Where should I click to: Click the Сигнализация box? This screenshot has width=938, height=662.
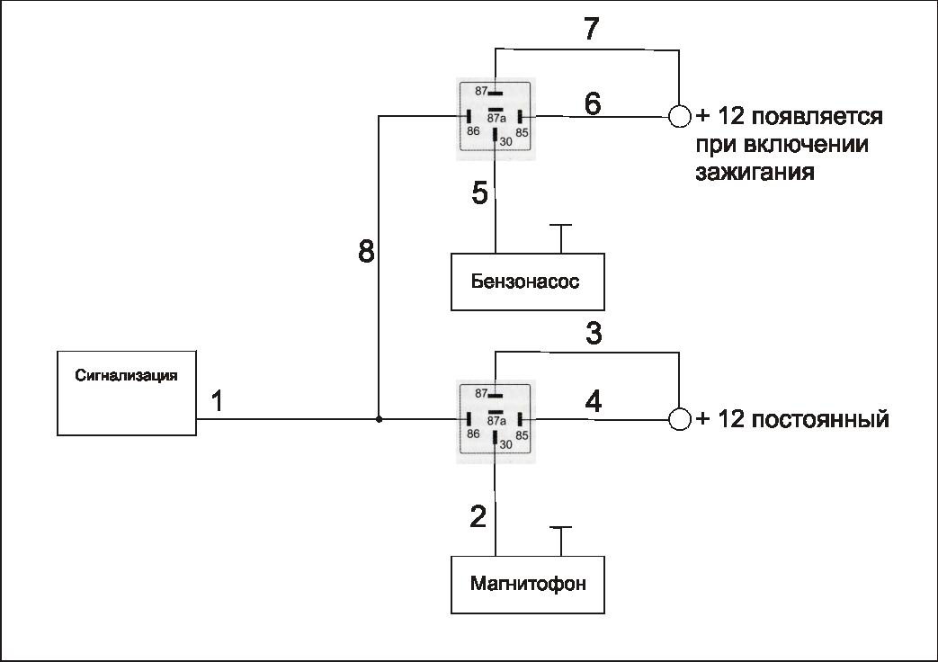tap(127, 392)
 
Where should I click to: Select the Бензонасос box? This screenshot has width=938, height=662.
tap(527, 282)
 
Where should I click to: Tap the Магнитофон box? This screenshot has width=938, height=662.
tap(527, 584)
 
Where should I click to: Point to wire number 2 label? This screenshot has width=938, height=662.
tap(478, 516)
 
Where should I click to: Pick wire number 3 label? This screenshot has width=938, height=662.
tap(594, 334)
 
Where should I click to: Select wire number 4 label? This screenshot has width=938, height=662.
tap(594, 401)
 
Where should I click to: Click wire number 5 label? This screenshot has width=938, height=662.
tap(479, 192)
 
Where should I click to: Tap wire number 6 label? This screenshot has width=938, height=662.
tap(593, 103)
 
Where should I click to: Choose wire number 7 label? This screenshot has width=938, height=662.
tap(591, 30)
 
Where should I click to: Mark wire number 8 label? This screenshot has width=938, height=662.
tap(366, 252)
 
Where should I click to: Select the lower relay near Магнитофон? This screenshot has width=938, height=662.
tap(496, 420)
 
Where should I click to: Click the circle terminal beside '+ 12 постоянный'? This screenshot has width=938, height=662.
tap(680, 419)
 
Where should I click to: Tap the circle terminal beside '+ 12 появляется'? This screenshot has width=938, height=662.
tap(680, 116)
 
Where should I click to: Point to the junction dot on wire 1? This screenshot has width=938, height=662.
tap(379, 419)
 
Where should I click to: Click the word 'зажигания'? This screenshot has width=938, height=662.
tap(755, 172)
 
